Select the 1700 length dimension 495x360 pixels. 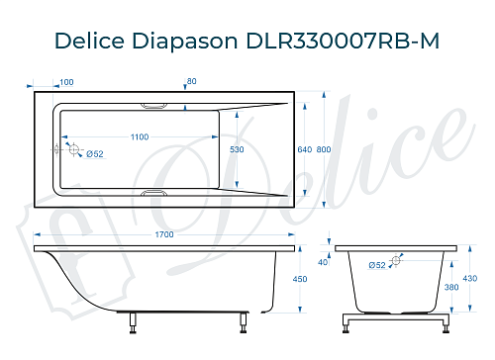coord(165,234)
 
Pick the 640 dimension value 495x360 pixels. coord(304,148)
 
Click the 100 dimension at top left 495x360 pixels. coord(66,81)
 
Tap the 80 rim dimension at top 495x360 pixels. coord(192,81)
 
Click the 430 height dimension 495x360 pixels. coord(471,280)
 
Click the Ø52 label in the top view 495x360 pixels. coord(94,153)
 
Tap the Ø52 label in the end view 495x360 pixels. coord(376,264)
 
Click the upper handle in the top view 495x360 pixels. coord(156,103)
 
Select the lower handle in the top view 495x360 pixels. coord(156,194)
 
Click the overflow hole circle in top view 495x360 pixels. coord(72,148)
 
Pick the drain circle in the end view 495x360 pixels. coord(396,260)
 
